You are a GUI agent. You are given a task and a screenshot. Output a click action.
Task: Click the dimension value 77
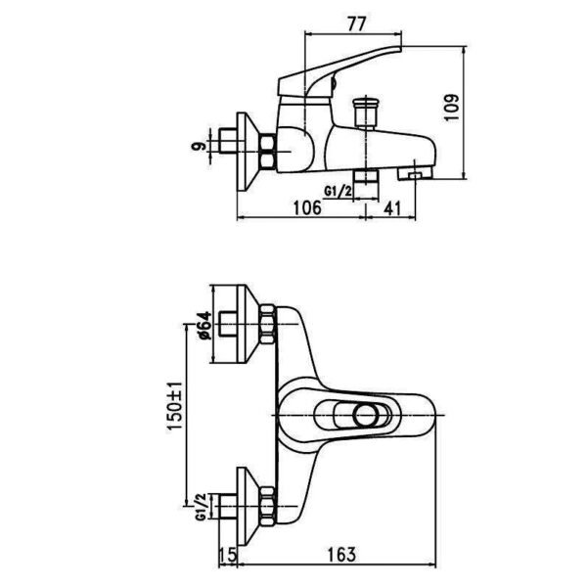pyautogui.click(x=356, y=24)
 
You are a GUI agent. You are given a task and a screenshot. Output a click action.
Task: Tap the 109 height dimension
pyautogui.click(x=452, y=108)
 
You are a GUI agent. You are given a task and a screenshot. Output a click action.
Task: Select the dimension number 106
pyautogui.click(x=307, y=207)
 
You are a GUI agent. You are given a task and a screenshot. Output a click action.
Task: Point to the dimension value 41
pyautogui.click(x=392, y=208)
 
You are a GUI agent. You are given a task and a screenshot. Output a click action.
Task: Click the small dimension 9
pyautogui.click(x=199, y=146)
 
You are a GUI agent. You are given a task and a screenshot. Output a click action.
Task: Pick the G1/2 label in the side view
pyautogui.click(x=339, y=192)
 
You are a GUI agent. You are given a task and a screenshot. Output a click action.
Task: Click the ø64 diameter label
pyautogui.click(x=204, y=325)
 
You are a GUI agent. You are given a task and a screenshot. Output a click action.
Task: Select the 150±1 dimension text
pyautogui.click(x=174, y=406)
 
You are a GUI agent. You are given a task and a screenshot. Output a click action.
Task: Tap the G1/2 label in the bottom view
pyautogui.click(x=201, y=507)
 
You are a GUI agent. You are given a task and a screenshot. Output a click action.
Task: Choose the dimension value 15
pyautogui.click(x=228, y=555)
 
